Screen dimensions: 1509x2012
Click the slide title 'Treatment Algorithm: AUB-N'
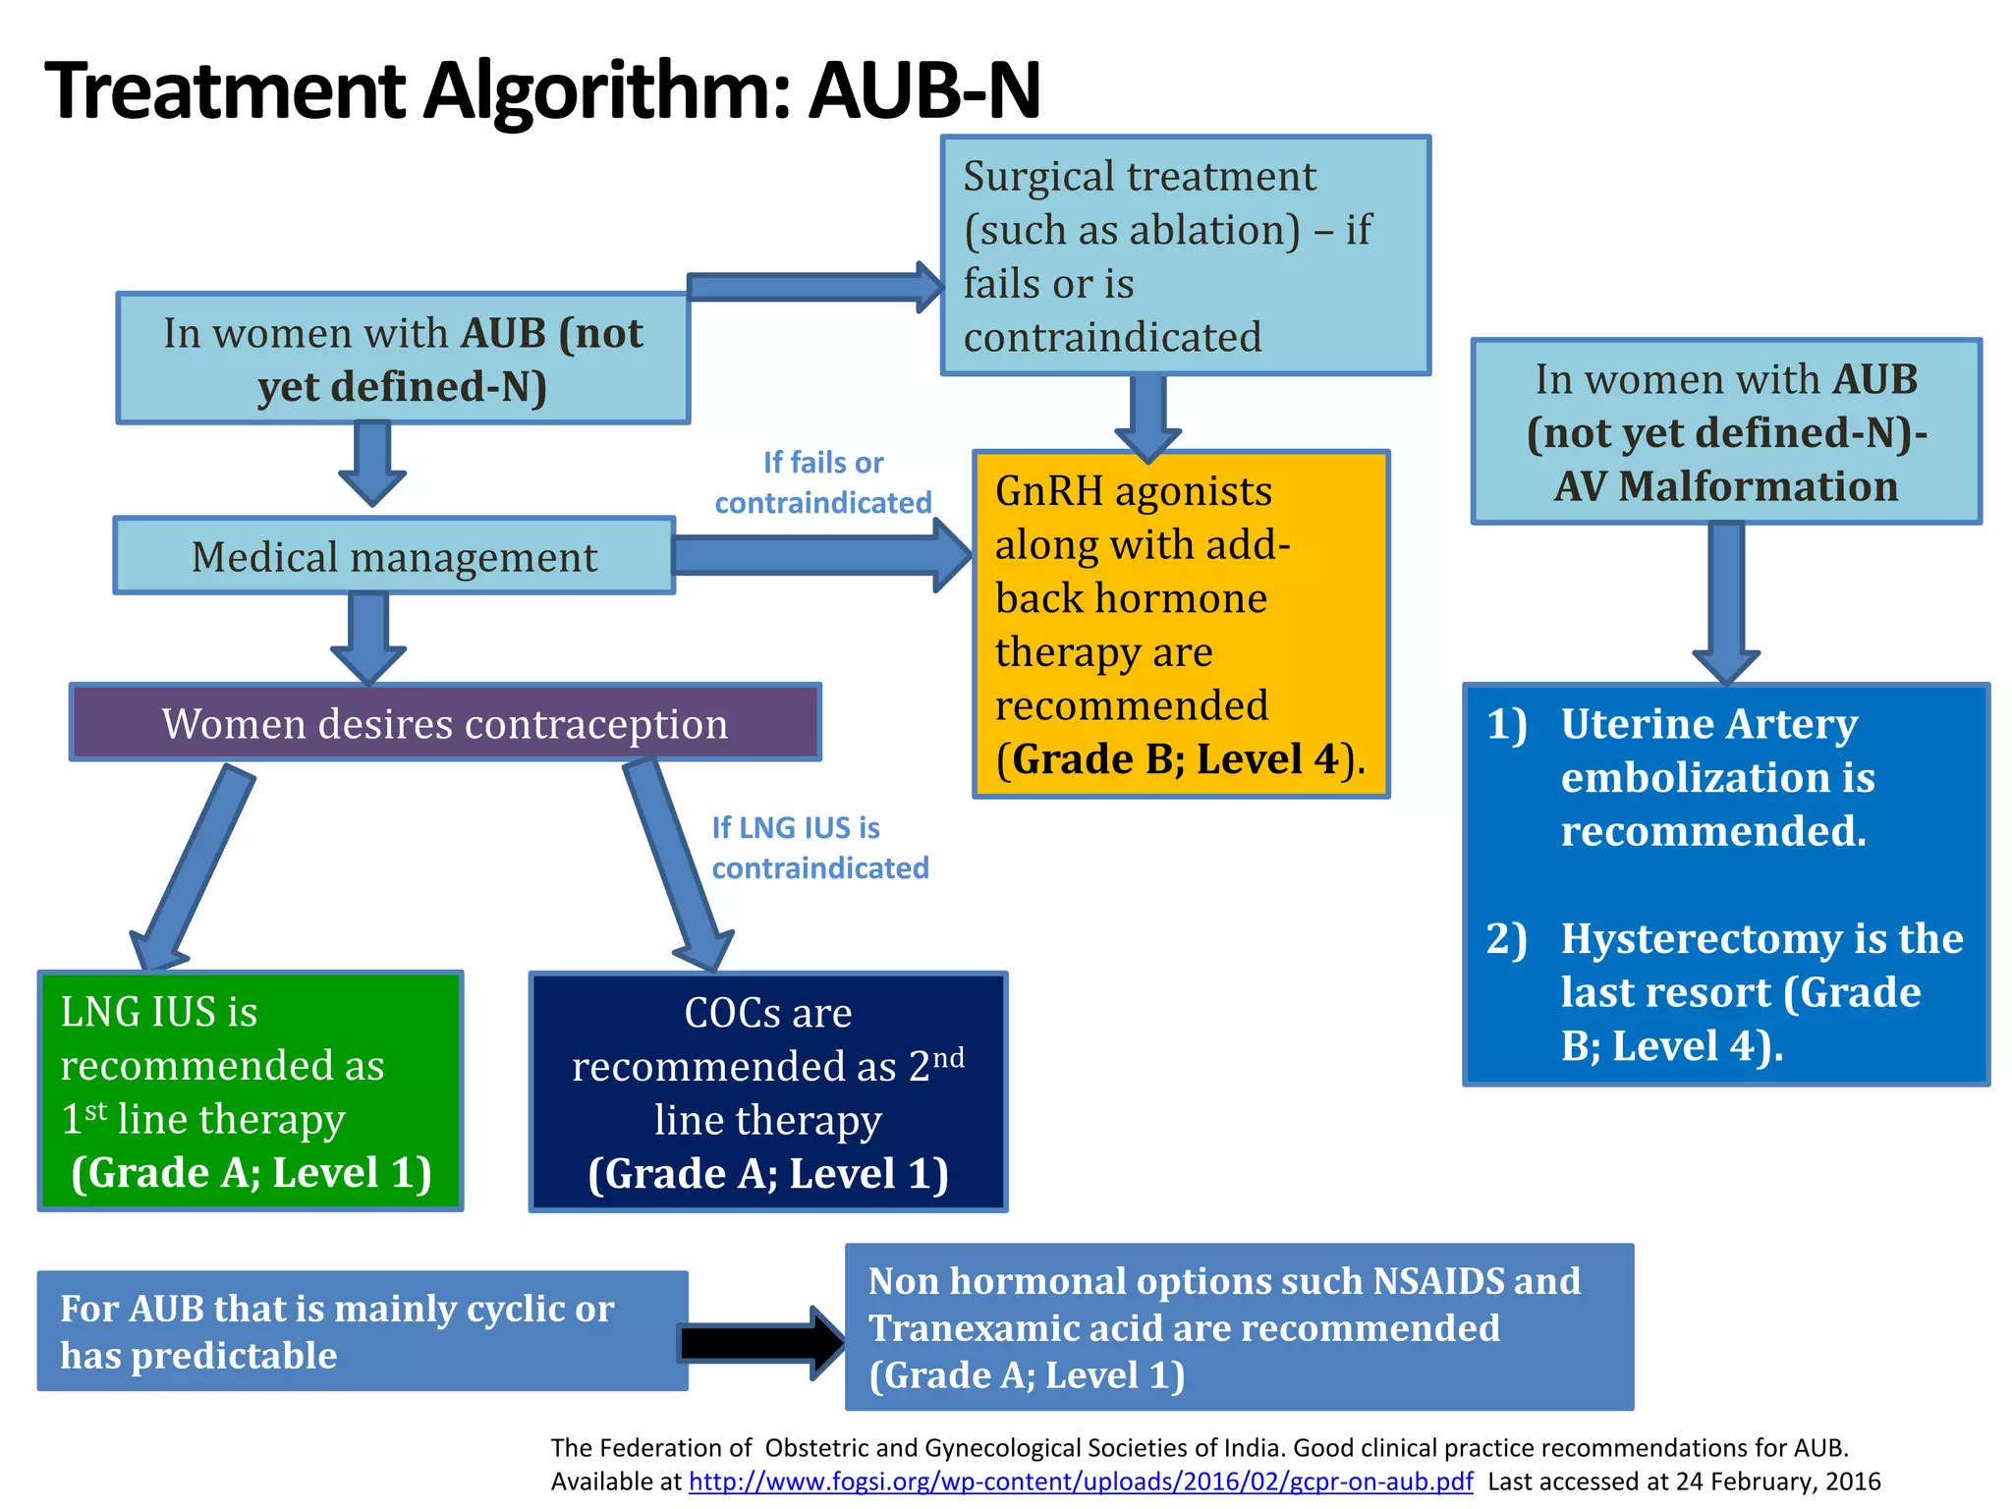[x=542, y=90]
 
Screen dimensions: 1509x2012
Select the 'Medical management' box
[x=394, y=556]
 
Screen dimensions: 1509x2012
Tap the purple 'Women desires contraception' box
[x=445, y=723]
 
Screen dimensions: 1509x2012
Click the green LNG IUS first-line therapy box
[x=250, y=1090]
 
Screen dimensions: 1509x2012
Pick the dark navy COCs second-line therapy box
[x=768, y=1091]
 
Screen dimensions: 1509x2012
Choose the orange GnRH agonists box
[x=1181, y=625]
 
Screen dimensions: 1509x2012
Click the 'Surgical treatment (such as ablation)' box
[x=1185, y=255]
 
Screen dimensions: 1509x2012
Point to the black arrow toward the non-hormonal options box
[x=761, y=1343]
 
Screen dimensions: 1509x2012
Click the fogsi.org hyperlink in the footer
[x=1081, y=1481]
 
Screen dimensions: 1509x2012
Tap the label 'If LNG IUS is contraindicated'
[x=819, y=848]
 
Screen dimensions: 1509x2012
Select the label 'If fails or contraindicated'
[x=823, y=482]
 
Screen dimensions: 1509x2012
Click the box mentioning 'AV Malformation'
[x=1726, y=432]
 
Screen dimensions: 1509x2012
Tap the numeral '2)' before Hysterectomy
[x=1506, y=938]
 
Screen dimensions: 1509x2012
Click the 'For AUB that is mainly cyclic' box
[x=363, y=1331]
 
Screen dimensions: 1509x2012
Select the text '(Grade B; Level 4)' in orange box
[x=1179, y=759]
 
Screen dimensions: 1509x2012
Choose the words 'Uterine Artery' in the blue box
[x=1708, y=724]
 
